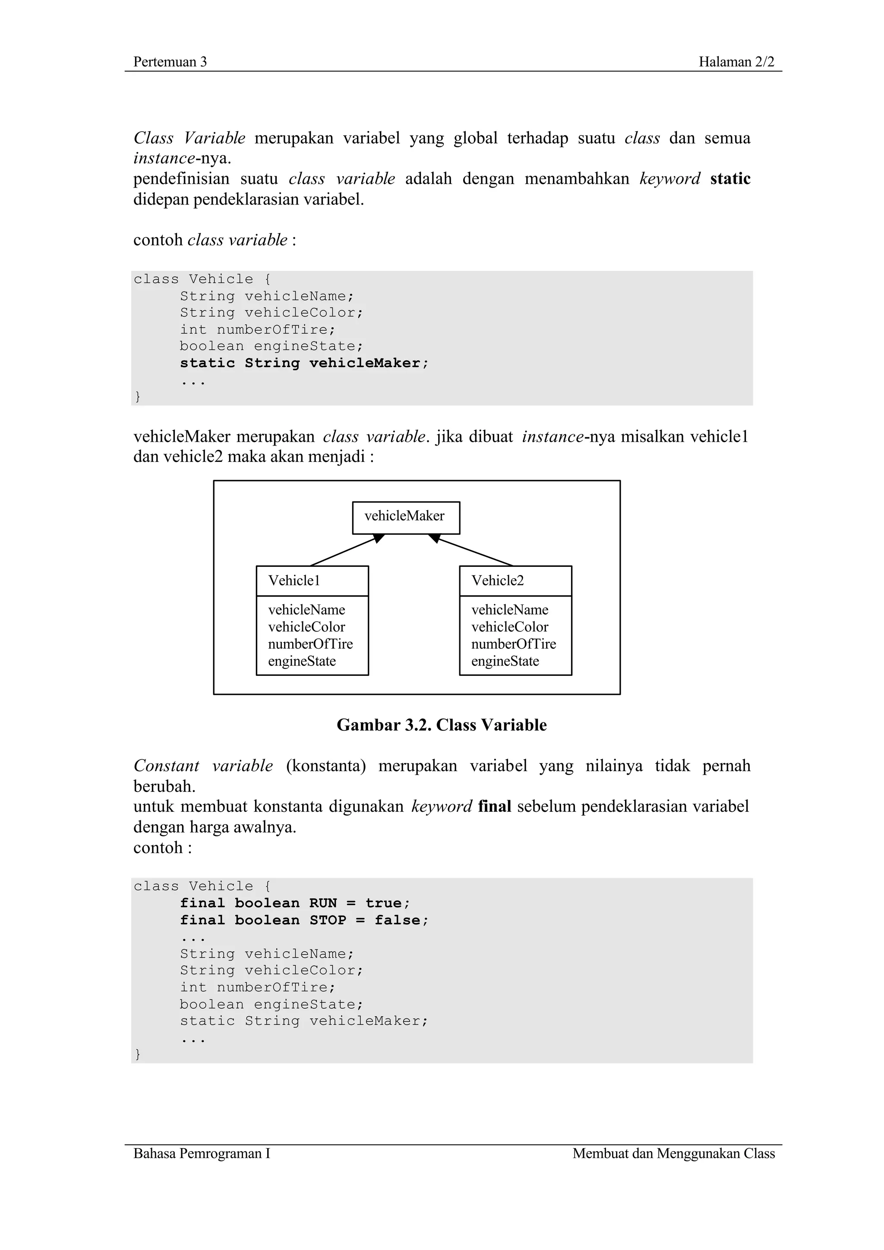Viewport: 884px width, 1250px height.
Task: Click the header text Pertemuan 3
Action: tap(170, 62)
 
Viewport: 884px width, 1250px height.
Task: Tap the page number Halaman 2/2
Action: tap(736, 62)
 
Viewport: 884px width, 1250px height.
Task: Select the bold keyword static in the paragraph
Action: tap(730, 179)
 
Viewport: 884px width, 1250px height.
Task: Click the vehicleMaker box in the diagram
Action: tap(405, 517)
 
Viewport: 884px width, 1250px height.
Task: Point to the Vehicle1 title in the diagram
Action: tap(294, 581)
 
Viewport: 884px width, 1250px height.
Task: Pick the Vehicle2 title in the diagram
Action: tap(497, 581)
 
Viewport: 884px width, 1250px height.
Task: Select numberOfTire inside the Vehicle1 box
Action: tap(310, 644)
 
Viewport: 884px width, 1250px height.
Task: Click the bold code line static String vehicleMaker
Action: tap(304, 363)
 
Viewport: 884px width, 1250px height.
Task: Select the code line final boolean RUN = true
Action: tap(295, 903)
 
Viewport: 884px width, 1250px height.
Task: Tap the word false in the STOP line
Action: tap(397, 920)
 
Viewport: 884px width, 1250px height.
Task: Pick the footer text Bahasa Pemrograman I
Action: tap(202, 1153)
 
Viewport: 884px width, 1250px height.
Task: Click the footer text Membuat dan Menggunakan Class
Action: tap(673, 1153)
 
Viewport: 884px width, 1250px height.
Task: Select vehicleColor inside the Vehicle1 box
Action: tap(306, 627)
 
